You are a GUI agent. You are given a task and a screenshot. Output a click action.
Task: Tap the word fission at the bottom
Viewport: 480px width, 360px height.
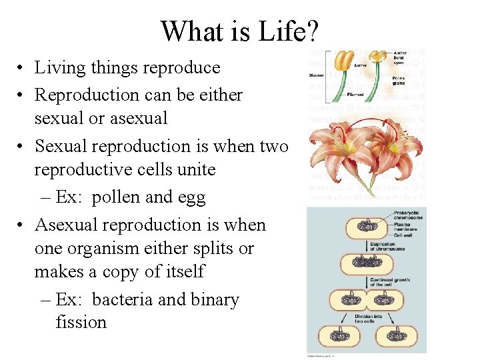(x=81, y=322)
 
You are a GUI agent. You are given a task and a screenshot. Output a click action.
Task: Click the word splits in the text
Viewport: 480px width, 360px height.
(x=208, y=248)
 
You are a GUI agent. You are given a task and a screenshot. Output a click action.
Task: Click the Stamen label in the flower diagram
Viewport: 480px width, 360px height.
(x=316, y=75)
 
